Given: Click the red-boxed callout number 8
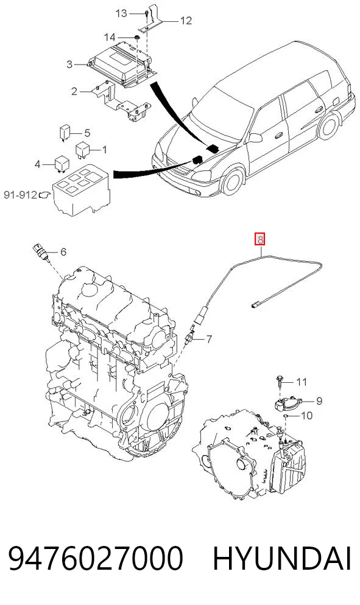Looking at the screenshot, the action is pyautogui.click(x=260, y=240).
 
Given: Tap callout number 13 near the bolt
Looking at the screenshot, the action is pyautogui.click(x=121, y=13).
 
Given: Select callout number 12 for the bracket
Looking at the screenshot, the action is pyautogui.click(x=186, y=21).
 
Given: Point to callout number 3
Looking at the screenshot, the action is pyautogui.click(x=69, y=64).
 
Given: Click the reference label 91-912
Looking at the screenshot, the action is pyautogui.click(x=21, y=195).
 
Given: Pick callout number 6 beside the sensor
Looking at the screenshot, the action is pyautogui.click(x=63, y=252).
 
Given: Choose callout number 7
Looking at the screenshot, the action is pyautogui.click(x=208, y=340).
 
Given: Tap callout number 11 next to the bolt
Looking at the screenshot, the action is pyautogui.click(x=302, y=382).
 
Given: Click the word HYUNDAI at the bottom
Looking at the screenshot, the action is pyautogui.click(x=281, y=559).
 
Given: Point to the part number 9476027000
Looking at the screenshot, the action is pyautogui.click(x=95, y=559).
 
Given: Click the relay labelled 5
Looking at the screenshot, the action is pyautogui.click(x=64, y=132).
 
